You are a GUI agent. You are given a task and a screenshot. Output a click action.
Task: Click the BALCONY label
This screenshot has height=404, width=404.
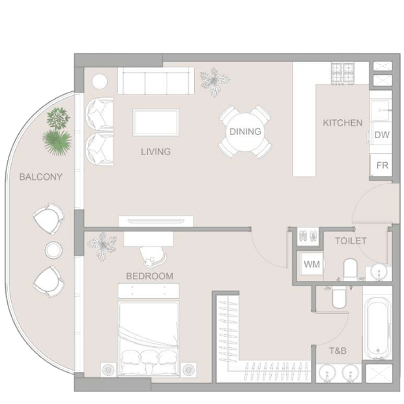click(x=41, y=177)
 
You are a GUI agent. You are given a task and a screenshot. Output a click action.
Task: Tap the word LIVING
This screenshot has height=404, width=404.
click(x=156, y=151)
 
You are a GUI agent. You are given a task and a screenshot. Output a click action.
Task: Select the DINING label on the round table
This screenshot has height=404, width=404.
click(x=245, y=132)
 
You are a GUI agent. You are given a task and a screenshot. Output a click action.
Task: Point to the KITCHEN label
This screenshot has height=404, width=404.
click(x=343, y=123)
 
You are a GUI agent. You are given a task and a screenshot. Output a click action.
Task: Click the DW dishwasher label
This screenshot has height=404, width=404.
click(x=382, y=135)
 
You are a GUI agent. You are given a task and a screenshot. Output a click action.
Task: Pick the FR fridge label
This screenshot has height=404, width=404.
click(x=382, y=166)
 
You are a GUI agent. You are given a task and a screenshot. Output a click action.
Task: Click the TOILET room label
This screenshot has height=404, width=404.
click(x=351, y=241)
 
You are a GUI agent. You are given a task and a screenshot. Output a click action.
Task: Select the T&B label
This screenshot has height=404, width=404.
click(x=338, y=351)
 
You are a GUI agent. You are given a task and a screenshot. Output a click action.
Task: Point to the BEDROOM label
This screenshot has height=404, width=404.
click(x=150, y=276)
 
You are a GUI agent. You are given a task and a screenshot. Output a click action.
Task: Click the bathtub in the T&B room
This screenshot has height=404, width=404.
click(x=377, y=326)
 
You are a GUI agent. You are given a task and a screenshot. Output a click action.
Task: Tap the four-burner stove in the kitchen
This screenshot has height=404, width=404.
click(x=343, y=73)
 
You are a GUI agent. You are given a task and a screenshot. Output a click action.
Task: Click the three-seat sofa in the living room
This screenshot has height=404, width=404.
click(x=156, y=81)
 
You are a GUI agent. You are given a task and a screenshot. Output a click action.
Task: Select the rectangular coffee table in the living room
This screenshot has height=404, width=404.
click(x=156, y=123)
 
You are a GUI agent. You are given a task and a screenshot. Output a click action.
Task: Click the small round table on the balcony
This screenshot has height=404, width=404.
click(x=53, y=250)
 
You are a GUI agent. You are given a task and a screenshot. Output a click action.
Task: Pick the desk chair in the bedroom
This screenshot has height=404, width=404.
click(x=152, y=256)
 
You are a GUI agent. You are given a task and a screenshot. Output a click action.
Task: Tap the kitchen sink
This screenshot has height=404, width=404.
click(x=380, y=110)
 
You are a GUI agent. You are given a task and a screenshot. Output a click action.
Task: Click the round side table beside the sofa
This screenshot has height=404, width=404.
click(x=100, y=81)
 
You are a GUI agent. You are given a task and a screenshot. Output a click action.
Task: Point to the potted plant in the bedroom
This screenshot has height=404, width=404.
click(x=102, y=246)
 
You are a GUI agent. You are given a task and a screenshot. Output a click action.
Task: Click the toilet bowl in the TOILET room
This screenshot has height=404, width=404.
click(x=351, y=268)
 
